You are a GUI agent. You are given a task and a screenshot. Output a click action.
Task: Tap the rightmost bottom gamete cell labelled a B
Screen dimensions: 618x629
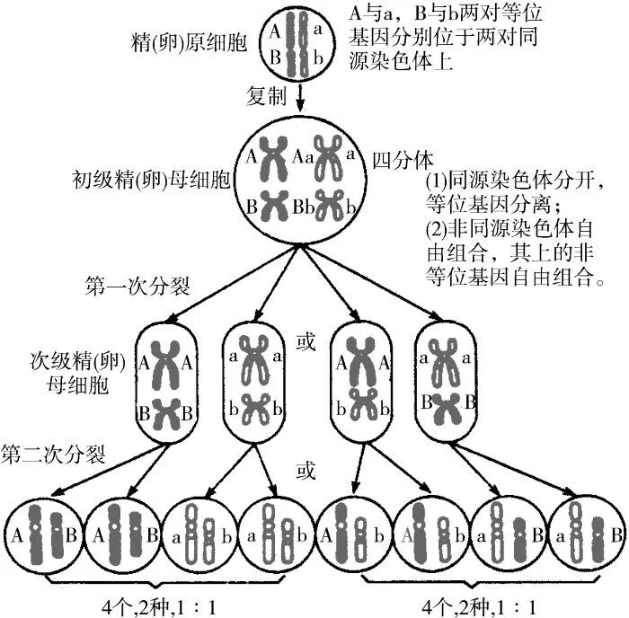point(590,537)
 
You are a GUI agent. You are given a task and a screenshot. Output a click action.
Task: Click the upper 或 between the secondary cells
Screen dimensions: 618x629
point(306,343)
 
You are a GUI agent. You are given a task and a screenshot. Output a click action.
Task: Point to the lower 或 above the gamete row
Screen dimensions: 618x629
point(306,471)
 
